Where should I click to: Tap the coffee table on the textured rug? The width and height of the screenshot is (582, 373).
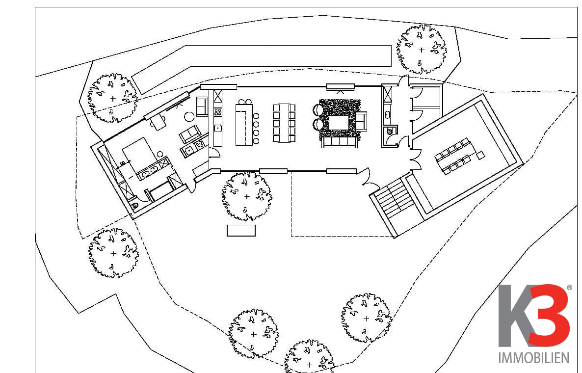pos(338,122)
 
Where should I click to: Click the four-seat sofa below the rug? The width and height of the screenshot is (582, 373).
pos(339,142)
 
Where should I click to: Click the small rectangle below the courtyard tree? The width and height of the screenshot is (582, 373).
pos(241,230)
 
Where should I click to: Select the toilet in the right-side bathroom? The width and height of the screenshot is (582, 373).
pos(390,131)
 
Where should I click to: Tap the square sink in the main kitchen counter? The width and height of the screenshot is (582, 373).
pos(217,129)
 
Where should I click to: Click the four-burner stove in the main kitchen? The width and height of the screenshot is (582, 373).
pos(217,112)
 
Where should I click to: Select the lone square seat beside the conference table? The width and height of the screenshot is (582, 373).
pos(480,155)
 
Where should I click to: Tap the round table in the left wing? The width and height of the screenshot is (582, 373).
pos(189,117)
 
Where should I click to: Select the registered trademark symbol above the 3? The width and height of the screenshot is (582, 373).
pos(569,288)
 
